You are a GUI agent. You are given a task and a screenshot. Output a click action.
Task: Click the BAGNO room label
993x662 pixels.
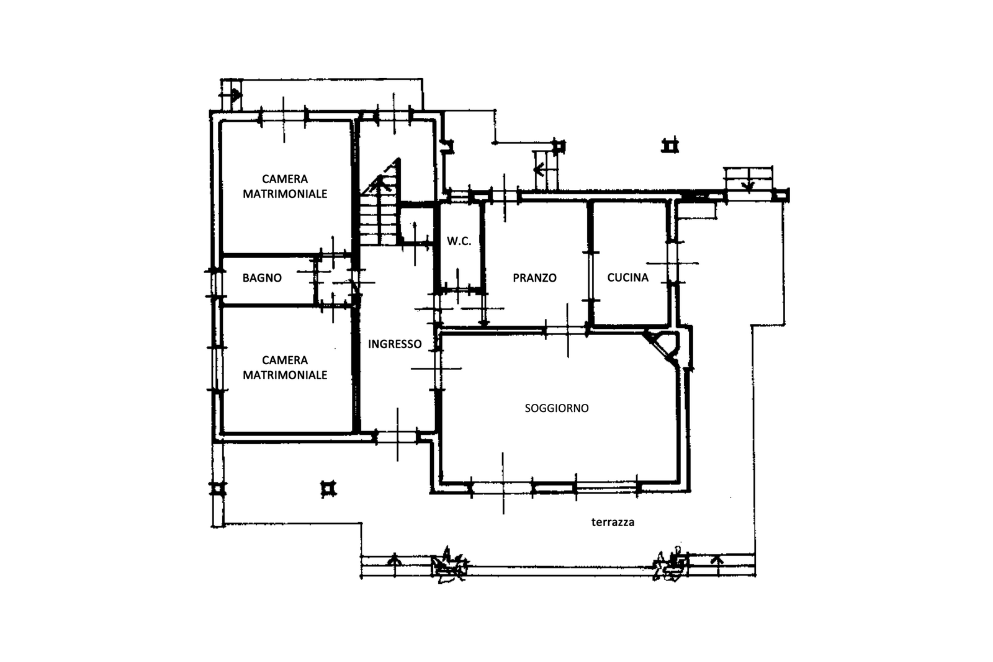coord(262,278)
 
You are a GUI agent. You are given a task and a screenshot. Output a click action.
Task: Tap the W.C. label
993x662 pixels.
coord(459,241)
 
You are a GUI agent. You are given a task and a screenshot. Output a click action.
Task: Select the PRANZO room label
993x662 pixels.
coord(534,278)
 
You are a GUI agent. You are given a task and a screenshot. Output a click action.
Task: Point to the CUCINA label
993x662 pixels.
coord(627,277)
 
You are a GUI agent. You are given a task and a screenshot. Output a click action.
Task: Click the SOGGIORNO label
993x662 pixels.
coord(557,408)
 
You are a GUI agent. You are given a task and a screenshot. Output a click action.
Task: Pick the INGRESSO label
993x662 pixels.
coord(395,344)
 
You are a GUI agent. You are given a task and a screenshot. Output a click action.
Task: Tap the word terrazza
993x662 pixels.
coord(613,522)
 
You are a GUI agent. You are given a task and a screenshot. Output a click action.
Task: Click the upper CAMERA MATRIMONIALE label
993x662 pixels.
coord(285,186)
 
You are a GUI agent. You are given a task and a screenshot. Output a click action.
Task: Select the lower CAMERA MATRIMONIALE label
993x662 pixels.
coord(285,367)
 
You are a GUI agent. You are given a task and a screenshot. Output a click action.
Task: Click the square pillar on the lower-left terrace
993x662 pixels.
coord(328,489)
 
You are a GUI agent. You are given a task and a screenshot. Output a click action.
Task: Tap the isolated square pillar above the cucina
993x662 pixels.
coord(670,145)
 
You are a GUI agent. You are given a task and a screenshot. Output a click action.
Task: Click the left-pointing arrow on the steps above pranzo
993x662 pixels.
coord(539,169)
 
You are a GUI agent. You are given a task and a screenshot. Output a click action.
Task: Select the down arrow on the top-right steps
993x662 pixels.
coord(748,186)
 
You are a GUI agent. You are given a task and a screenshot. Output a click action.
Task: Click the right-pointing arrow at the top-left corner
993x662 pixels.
coord(235,95)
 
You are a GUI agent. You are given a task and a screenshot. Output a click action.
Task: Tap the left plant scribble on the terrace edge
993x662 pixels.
coord(449,565)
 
